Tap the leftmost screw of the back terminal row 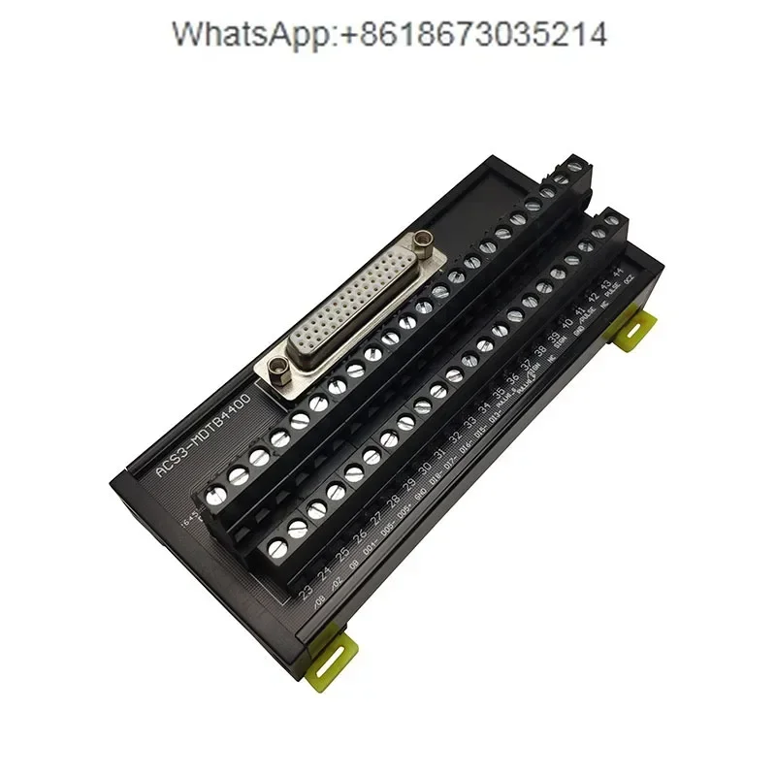pyautogui.click(x=235, y=476)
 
